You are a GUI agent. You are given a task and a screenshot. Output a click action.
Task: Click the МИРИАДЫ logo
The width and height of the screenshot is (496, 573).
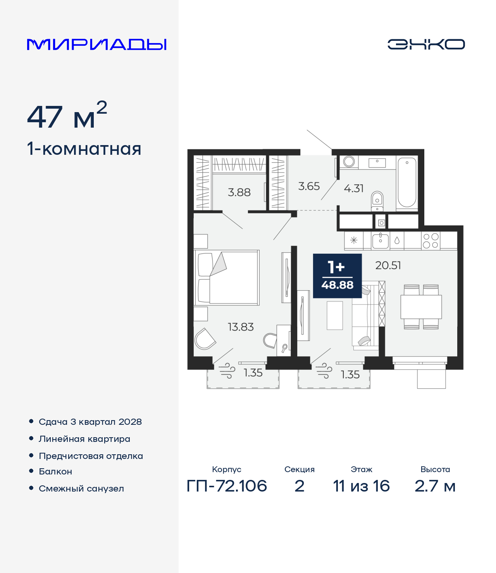pyautogui.click(x=96, y=45)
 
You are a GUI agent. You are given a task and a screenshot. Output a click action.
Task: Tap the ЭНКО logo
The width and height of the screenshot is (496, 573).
pyautogui.click(x=426, y=44)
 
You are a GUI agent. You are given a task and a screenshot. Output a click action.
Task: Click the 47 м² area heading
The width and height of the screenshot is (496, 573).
pyautogui.click(x=67, y=115)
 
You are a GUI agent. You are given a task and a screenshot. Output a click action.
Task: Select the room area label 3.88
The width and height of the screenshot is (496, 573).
pyautogui.click(x=239, y=192)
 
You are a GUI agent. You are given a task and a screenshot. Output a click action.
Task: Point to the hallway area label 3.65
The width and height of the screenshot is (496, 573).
pyautogui.click(x=309, y=186)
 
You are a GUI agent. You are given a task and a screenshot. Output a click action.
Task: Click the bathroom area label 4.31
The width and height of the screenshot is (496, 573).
pyautogui.click(x=354, y=189)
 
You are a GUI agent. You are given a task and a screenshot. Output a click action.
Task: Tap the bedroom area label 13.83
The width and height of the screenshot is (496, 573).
pyautogui.click(x=241, y=327)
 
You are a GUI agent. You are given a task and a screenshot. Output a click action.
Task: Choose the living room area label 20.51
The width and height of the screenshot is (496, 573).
pyautogui.click(x=388, y=266)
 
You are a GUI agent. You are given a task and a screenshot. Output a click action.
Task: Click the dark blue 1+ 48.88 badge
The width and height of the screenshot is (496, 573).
pyautogui.click(x=337, y=276)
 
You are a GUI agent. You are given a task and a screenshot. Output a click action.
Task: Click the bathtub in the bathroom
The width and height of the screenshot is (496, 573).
pyautogui.click(x=407, y=183)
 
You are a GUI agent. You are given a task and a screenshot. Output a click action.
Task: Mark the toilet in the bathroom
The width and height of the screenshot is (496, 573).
pyautogui.click(x=377, y=201)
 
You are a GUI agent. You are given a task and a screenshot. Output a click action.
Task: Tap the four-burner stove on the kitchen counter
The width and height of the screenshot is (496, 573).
pyautogui.click(x=431, y=241)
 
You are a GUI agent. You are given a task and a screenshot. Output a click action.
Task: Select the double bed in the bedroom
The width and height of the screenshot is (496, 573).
pyautogui.click(x=227, y=277)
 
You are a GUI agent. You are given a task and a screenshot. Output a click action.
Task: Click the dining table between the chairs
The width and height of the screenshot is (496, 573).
pyautogui.click(x=421, y=307)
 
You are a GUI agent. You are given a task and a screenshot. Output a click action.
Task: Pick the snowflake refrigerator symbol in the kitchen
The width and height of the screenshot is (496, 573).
pyautogui.click(x=354, y=241)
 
